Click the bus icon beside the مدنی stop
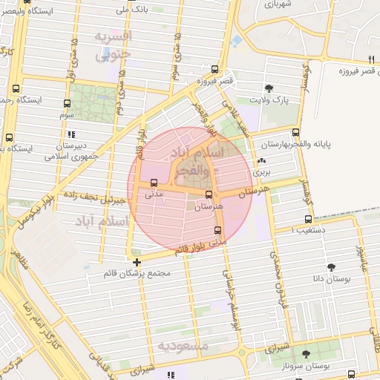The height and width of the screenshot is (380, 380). coord(154,183)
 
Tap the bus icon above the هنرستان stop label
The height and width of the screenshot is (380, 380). coord(209,195)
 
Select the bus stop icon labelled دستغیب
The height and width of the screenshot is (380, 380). coord(309,219)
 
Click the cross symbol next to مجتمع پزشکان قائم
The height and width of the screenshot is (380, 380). coord(137,262)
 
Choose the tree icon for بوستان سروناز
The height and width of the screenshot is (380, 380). coord(307,356)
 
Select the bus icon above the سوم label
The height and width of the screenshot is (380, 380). coord(68,104)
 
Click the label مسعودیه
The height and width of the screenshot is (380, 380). coord(177,346)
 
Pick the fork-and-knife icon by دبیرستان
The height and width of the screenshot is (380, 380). coord(71,135)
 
